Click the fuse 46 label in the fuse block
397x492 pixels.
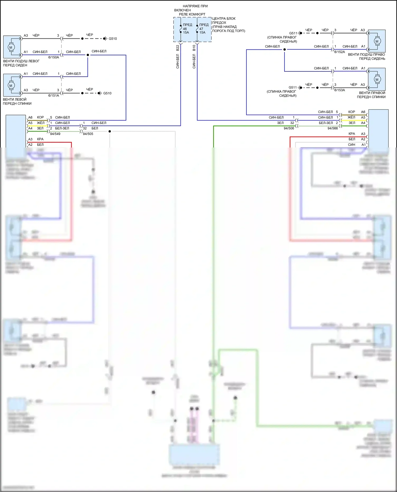tap(185, 29)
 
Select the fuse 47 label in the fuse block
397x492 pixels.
tap(201, 29)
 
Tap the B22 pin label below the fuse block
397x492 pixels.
tap(178, 48)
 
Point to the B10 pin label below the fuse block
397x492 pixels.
tap(194, 48)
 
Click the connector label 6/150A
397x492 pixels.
tap(53, 57)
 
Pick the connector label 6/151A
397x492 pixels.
tap(53, 95)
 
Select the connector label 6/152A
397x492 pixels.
tap(340, 52)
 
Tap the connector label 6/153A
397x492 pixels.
tap(340, 90)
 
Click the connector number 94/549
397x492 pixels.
tap(55, 134)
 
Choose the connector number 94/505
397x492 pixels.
tap(88, 134)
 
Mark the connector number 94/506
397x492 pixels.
tap(289, 128)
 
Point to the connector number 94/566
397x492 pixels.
tap(333, 128)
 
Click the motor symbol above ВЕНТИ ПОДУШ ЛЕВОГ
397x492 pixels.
tap(11, 47)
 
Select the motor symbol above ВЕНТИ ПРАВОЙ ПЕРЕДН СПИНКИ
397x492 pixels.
tap(377, 79)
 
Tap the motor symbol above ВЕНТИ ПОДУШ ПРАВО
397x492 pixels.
tap(377, 41)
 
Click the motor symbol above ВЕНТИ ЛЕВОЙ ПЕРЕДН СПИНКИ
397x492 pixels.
tap(11, 85)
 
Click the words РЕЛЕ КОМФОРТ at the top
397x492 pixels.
tap(192, 14)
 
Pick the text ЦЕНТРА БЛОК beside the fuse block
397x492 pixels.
tap(224, 19)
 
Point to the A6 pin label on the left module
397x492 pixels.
tap(30, 117)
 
